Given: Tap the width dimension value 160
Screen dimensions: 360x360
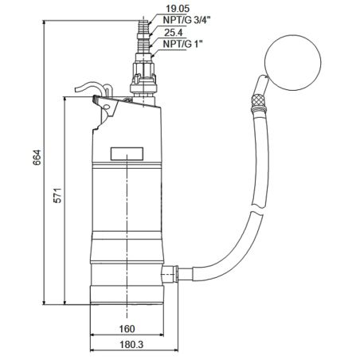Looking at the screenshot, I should [x=128, y=328].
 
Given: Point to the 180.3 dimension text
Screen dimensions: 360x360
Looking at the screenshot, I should [x=128, y=346].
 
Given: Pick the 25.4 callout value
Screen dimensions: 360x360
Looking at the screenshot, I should [x=176, y=33].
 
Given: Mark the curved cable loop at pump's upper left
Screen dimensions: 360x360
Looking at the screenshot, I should [x=93, y=87].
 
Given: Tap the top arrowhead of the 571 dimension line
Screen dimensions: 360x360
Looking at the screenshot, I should [x=65, y=95].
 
